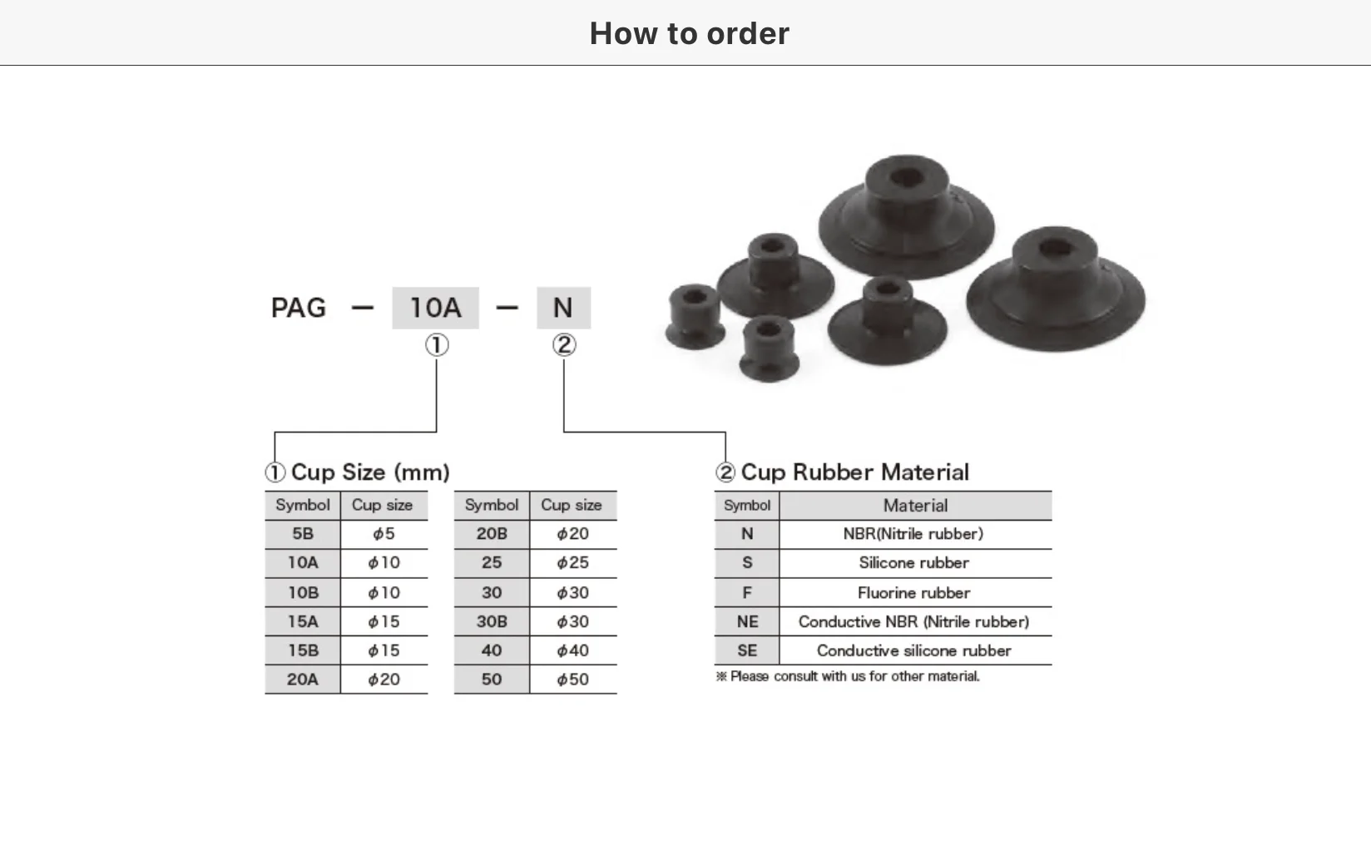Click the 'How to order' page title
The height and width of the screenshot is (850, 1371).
click(689, 33)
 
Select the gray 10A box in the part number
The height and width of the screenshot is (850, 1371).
click(435, 308)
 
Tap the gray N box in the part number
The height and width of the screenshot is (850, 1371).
click(563, 308)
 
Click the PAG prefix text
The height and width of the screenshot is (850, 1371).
click(298, 308)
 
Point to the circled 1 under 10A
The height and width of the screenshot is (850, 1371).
click(437, 345)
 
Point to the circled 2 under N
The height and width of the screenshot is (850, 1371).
click(564, 345)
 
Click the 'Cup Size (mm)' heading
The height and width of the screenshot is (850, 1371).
click(369, 472)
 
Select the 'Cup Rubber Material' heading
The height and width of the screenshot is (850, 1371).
click(854, 472)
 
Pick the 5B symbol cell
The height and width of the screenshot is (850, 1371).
click(303, 534)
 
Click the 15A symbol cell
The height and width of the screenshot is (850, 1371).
click(303, 621)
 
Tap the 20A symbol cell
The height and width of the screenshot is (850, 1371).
click(303, 680)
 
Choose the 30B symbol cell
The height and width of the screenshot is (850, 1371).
click(492, 621)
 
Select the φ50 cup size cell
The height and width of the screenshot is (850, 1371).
click(572, 680)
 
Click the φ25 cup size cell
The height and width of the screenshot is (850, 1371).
click(572, 563)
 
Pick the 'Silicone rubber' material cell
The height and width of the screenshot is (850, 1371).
click(913, 563)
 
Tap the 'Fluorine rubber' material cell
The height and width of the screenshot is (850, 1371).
click(913, 593)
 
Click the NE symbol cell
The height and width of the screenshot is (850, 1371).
click(747, 621)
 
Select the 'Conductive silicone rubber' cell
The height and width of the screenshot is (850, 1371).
click(913, 650)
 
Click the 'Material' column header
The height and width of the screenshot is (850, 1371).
click(915, 506)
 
